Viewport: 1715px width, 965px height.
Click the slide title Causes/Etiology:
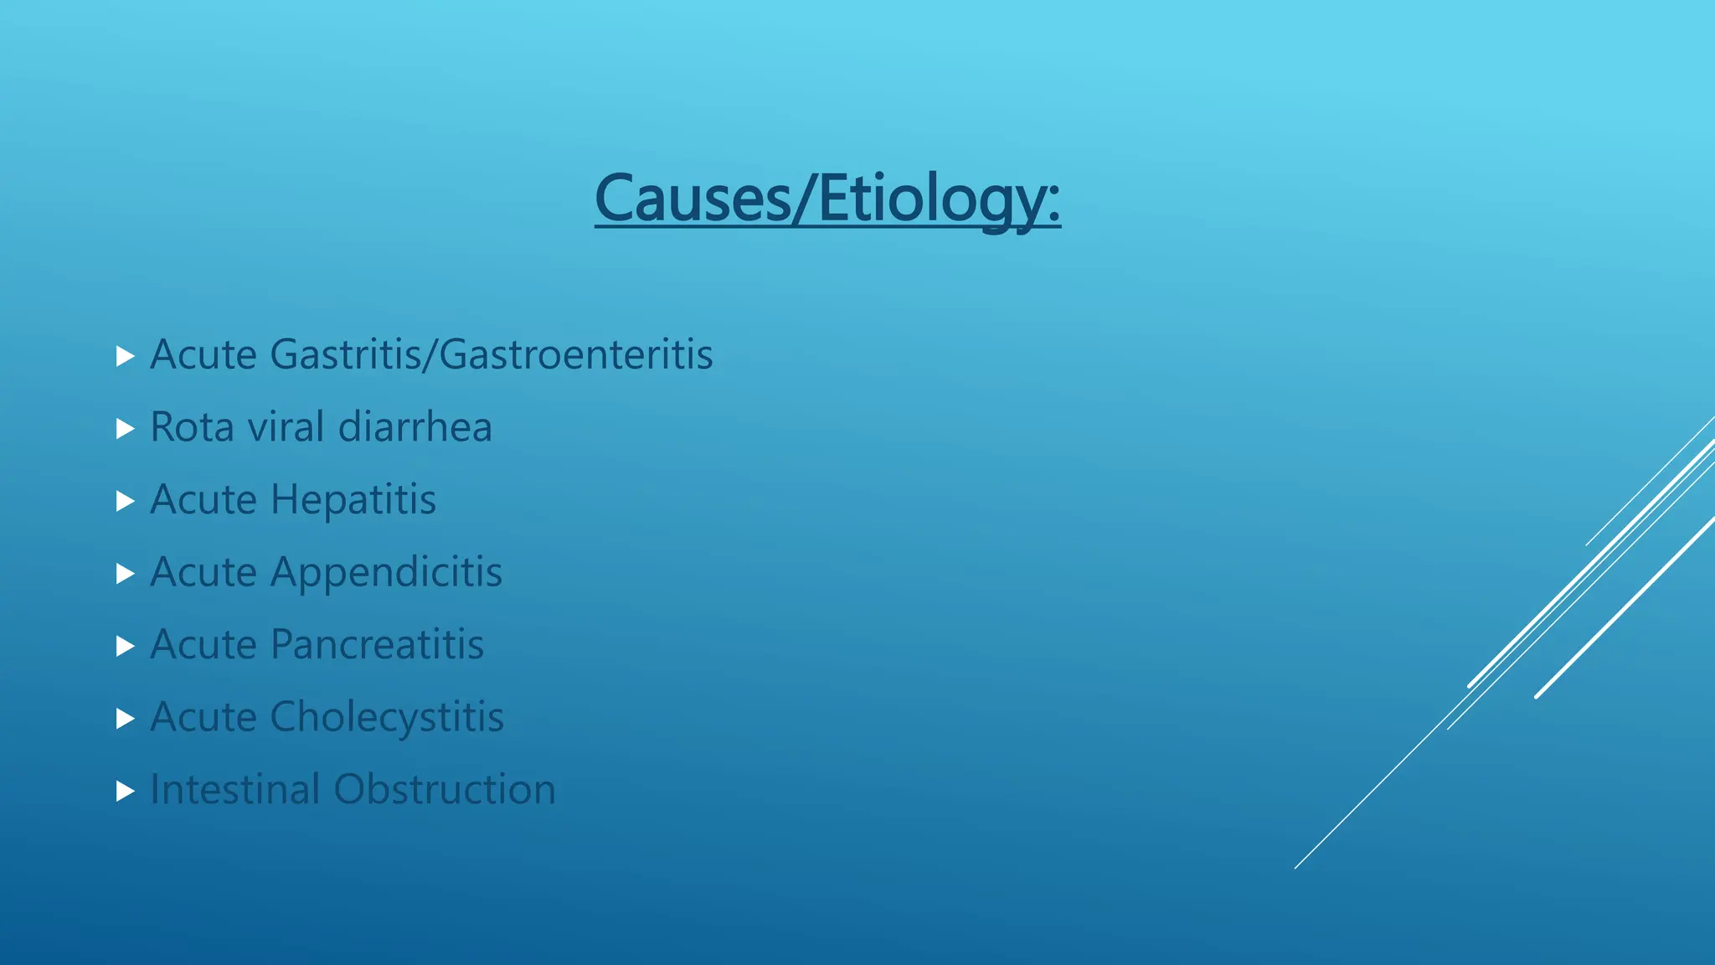(x=827, y=199)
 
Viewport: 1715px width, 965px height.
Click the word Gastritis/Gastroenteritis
(x=492, y=354)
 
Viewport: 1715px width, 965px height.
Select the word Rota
(x=192, y=427)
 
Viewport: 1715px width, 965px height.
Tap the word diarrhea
(x=415, y=427)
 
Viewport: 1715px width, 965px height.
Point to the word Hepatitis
(x=353, y=500)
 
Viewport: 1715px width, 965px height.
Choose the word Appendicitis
(x=386, y=573)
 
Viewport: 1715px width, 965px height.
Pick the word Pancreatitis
(x=377, y=645)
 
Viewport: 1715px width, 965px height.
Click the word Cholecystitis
(x=387, y=717)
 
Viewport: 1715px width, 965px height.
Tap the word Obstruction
(x=445, y=789)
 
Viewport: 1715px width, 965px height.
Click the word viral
(x=286, y=427)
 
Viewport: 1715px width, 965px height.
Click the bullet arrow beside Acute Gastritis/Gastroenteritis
(x=126, y=357)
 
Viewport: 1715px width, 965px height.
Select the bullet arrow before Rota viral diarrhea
(x=126, y=429)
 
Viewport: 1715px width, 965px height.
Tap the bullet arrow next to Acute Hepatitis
(x=126, y=502)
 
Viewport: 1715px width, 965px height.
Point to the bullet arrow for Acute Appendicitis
(x=126, y=574)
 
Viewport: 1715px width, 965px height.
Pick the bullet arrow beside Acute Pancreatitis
(x=126, y=646)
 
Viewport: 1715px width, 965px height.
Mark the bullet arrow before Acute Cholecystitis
(x=126, y=719)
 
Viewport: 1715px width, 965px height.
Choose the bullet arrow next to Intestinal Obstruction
(x=126, y=791)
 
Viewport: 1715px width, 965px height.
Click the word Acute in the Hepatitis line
(x=203, y=500)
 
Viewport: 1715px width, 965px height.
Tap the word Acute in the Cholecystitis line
(x=203, y=717)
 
